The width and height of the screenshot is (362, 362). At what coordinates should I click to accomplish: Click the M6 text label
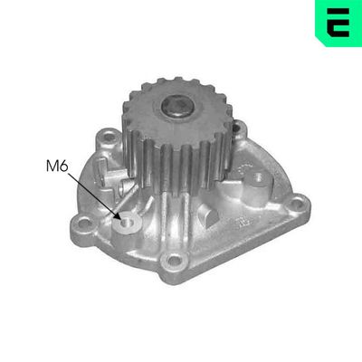pyautogui.click(x=57, y=166)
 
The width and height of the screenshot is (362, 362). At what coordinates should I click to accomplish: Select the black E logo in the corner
pyautogui.click(x=338, y=23)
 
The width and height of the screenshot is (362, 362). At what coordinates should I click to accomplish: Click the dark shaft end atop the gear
pyautogui.click(x=176, y=106)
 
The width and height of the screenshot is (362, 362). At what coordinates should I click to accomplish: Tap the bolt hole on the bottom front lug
pyautogui.click(x=174, y=260)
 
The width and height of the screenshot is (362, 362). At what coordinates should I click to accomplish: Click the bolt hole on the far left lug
pyautogui.click(x=82, y=224)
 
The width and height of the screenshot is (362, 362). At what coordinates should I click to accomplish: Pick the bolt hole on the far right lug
pyautogui.click(x=298, y=204)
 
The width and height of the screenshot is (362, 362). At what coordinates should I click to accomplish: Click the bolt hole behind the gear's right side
pyautogui.click(x=237, y=128)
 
